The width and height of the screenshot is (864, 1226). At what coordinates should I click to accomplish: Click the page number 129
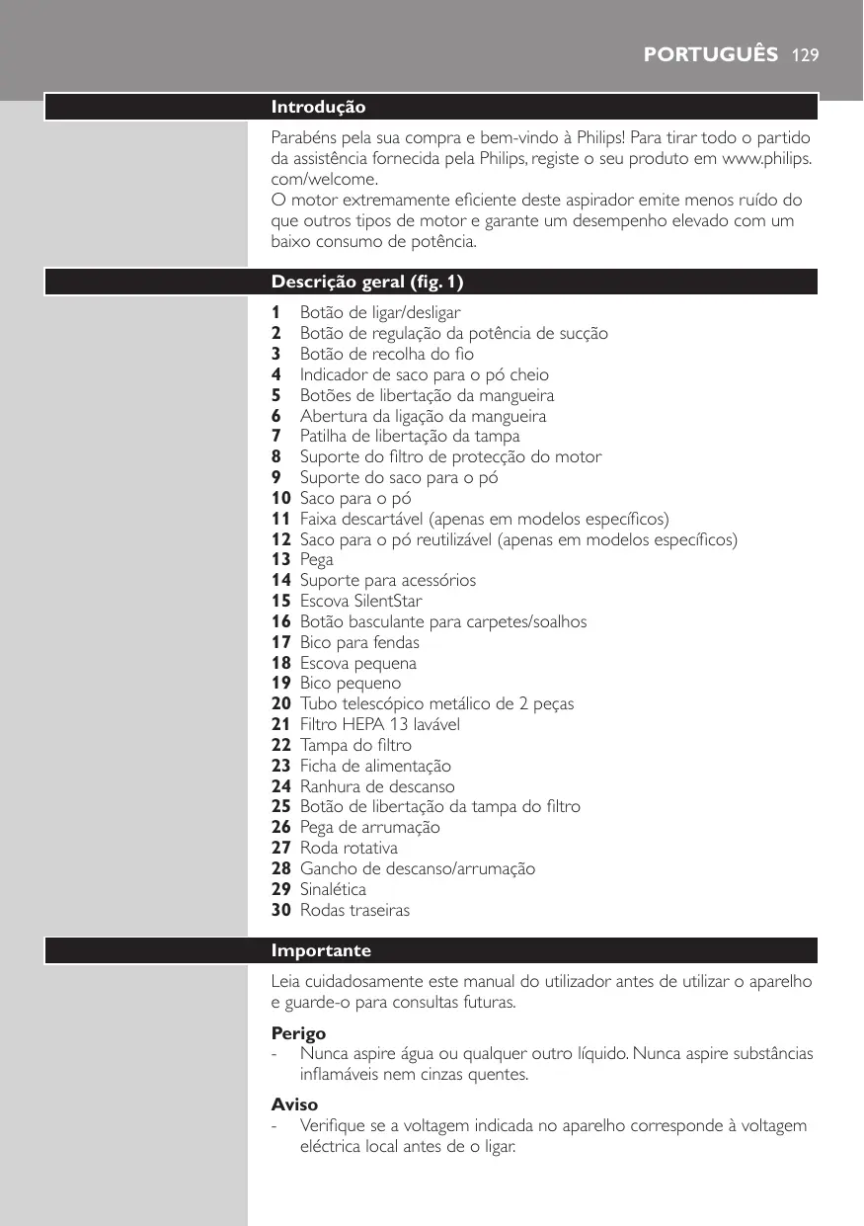(805, 53)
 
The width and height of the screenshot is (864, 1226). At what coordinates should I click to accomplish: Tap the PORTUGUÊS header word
(711, 53)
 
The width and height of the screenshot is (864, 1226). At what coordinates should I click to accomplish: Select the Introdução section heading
(319, 107)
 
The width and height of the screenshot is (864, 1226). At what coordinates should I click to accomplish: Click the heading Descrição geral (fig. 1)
(367, 283)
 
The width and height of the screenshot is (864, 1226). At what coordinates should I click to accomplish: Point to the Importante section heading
(321, 950)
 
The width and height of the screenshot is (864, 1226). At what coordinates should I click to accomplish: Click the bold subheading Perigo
(298, 1033)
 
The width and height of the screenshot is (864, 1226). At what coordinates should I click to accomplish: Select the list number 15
(281, 601)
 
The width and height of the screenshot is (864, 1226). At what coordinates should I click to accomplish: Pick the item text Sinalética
(333, 889)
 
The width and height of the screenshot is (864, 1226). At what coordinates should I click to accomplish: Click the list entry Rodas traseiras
(354, 910)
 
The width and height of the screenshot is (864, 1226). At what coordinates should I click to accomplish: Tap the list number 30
(281, 910)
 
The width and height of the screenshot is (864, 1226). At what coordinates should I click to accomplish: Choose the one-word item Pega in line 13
(316, 560)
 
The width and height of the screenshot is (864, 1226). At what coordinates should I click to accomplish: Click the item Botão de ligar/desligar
(380, 313)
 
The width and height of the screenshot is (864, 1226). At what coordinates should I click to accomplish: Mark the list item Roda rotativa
(349, 848)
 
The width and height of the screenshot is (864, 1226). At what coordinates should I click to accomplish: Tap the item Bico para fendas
(359, 642)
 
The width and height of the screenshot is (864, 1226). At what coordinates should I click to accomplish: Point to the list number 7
(276, 437)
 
